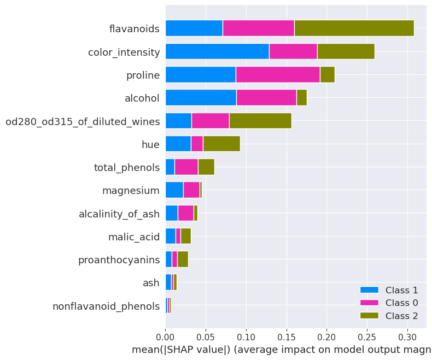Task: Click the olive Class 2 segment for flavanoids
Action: [x=354, y=28]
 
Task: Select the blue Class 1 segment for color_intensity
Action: [x=218, y=51]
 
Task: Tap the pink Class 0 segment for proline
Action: [x=278, y=74]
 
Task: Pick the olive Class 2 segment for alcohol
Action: [x=302, y=97]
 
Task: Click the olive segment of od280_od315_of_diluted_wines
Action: [x=260, y=121]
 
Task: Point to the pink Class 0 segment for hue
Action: [x=197, y=144]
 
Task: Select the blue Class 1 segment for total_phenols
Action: [x=170, y=167]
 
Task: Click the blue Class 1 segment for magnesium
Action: [x=174, y=190]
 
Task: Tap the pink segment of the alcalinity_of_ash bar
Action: [x=186, y=213]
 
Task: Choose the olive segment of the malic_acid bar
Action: [x=186, y=236]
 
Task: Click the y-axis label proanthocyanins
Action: [x=119, y=260]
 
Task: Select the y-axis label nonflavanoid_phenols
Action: [x=106, y=306]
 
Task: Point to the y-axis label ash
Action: [x=151, y=283]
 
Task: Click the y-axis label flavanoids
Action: [x=134, y=28]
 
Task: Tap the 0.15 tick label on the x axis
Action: [x=287, y=337]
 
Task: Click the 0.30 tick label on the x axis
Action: [x=407, y=337]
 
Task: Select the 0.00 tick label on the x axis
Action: [x=166, y=337]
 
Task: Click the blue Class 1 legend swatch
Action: [x=369, y=290]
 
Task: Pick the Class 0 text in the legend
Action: [x=401, y=303]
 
